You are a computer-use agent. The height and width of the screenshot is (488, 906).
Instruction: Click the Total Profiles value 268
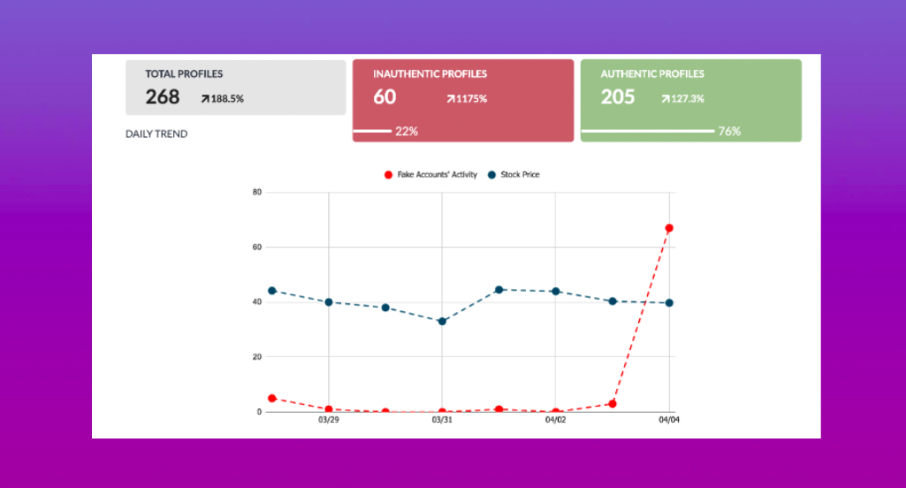pos(163,97)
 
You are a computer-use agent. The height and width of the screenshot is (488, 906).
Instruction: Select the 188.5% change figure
pos(223,99)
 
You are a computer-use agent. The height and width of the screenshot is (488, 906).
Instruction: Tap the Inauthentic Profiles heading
pos(430,74)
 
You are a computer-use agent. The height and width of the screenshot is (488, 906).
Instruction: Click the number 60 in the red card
pos(384,97)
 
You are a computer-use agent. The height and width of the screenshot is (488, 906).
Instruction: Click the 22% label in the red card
pos(407,132)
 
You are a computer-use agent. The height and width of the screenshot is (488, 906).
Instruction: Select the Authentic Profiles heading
pos(652,74)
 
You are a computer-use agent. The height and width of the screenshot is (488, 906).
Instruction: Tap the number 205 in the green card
pos(618,97)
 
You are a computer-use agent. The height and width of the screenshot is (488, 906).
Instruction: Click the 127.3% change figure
pos(682,99)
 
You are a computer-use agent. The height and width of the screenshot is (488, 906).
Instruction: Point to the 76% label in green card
pos(729,132)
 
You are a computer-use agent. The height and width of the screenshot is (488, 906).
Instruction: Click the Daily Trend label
pos(156,134)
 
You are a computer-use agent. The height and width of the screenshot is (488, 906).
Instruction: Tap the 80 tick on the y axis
pos(256,192)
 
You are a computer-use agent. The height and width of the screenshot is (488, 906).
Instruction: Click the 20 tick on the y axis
pos(256,357)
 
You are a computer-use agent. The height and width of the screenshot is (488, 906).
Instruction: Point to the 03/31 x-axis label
pos(442,420)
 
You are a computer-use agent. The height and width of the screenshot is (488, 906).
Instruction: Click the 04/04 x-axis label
pos(669,420)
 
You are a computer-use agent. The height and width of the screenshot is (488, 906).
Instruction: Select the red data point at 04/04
pos(669,228)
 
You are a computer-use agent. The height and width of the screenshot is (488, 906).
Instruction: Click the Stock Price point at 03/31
pos(442,321)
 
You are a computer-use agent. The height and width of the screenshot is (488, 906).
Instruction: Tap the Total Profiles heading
pos(184,74)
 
